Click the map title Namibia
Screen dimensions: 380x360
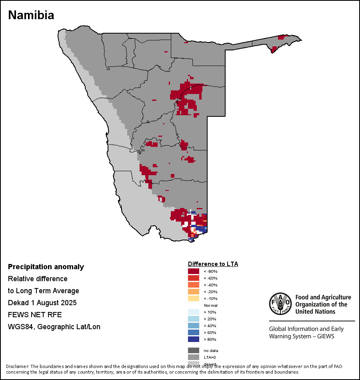pos(31,15)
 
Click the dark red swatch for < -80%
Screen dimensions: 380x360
pos(194,271)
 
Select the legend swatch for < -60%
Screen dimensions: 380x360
pos(194,278)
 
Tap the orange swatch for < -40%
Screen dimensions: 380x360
pos(194,285)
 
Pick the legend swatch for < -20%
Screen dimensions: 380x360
pos(194,292)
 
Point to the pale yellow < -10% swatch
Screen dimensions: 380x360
pos(194,298)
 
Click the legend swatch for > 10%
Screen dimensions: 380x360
pos(194,312)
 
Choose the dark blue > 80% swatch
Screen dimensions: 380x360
pos(194,339)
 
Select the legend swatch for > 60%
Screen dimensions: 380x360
pos(194,332)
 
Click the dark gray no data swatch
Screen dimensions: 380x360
pos(194,350)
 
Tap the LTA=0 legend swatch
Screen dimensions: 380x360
pos(194,357)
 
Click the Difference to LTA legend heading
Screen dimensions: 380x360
pos(213,264)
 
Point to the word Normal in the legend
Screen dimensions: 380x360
pos(210,305)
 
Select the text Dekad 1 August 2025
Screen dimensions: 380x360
pos(42,302)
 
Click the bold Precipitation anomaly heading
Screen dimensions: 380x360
pos(46,267)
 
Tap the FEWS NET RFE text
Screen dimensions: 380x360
pos(35,314)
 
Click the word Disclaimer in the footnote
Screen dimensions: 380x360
pos(17,366)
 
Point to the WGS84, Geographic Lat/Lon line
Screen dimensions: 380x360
pos(54,327)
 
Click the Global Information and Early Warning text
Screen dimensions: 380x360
pos(306,329)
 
